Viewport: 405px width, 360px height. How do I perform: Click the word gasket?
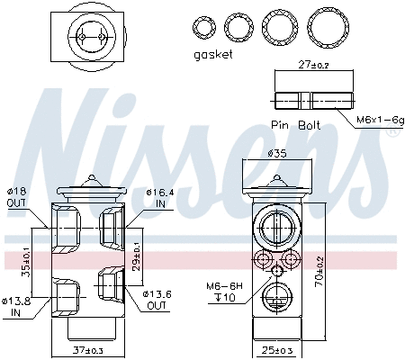pos(213,54)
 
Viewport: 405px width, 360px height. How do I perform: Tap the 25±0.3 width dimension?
pos(279,347)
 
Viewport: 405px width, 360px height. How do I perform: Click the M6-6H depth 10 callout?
pos(222,292)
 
